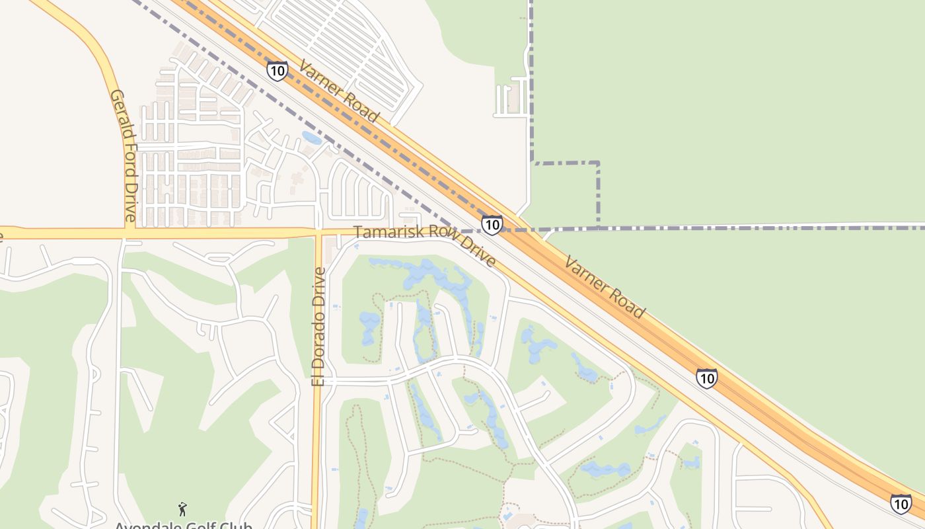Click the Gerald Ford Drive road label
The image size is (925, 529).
[x=124, y=155]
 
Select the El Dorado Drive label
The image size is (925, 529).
[x=319, y=326]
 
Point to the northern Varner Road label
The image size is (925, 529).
[x=339, y=91]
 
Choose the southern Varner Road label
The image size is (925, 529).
[x=604, y=287]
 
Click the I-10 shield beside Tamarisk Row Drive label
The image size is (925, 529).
[x=492, y=225]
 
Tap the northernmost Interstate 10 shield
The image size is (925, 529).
[x=277, y=71]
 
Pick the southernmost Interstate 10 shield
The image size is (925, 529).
[x=901, y=504]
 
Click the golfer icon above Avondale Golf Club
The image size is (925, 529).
[x=182, y=509]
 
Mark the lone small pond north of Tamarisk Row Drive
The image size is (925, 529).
[x=312, y=138]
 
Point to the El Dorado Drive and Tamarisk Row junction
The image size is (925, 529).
[x=318, y=233]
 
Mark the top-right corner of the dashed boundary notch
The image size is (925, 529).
[x=598, y=163]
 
